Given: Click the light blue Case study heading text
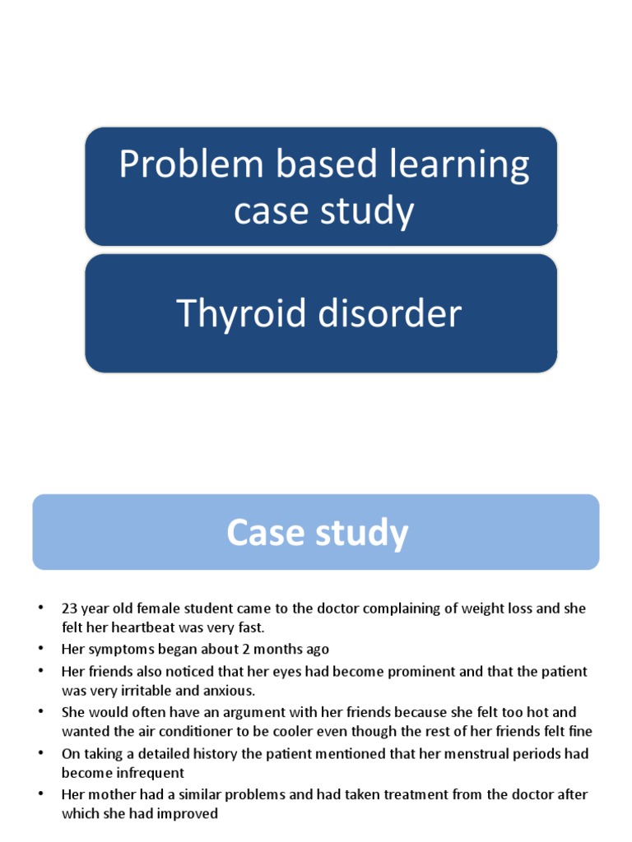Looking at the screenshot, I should point(317,533).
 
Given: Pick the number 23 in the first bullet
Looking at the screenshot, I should point(68,608).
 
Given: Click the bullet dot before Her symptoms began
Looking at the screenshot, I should point(39,650).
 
